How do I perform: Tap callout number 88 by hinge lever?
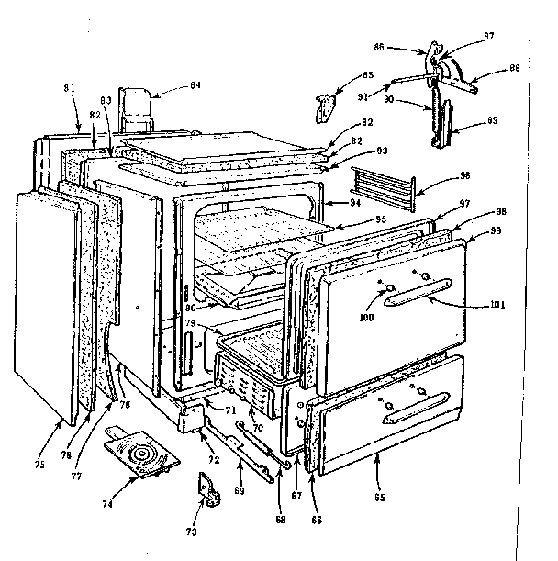tap(514, 67)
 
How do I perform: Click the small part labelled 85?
tap(323, 106)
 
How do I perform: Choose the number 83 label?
tap(106, 98)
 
